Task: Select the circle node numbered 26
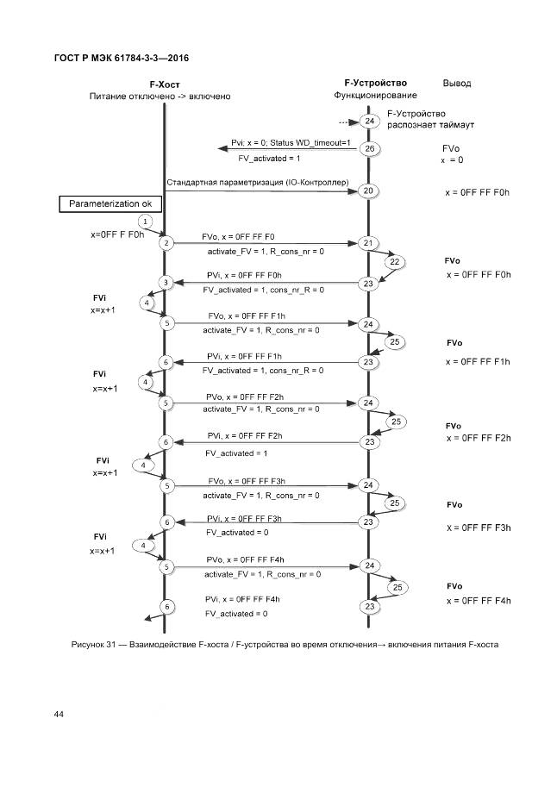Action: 369,148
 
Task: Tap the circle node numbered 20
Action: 369,191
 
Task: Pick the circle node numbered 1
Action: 146,222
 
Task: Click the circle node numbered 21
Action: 368,243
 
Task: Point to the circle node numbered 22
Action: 394,262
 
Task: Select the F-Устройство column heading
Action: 375,83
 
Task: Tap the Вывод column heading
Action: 456,84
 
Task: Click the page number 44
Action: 59,715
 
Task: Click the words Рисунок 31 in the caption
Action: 89,645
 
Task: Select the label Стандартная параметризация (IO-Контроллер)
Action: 257,183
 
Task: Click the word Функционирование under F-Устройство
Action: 375,95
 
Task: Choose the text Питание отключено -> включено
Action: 160,96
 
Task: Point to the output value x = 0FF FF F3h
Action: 479,527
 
